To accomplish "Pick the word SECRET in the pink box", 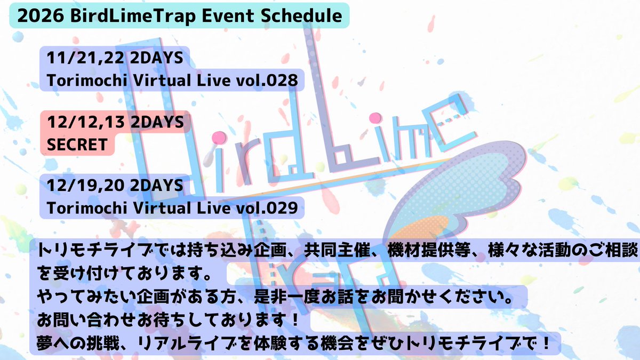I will pos(77,144).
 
